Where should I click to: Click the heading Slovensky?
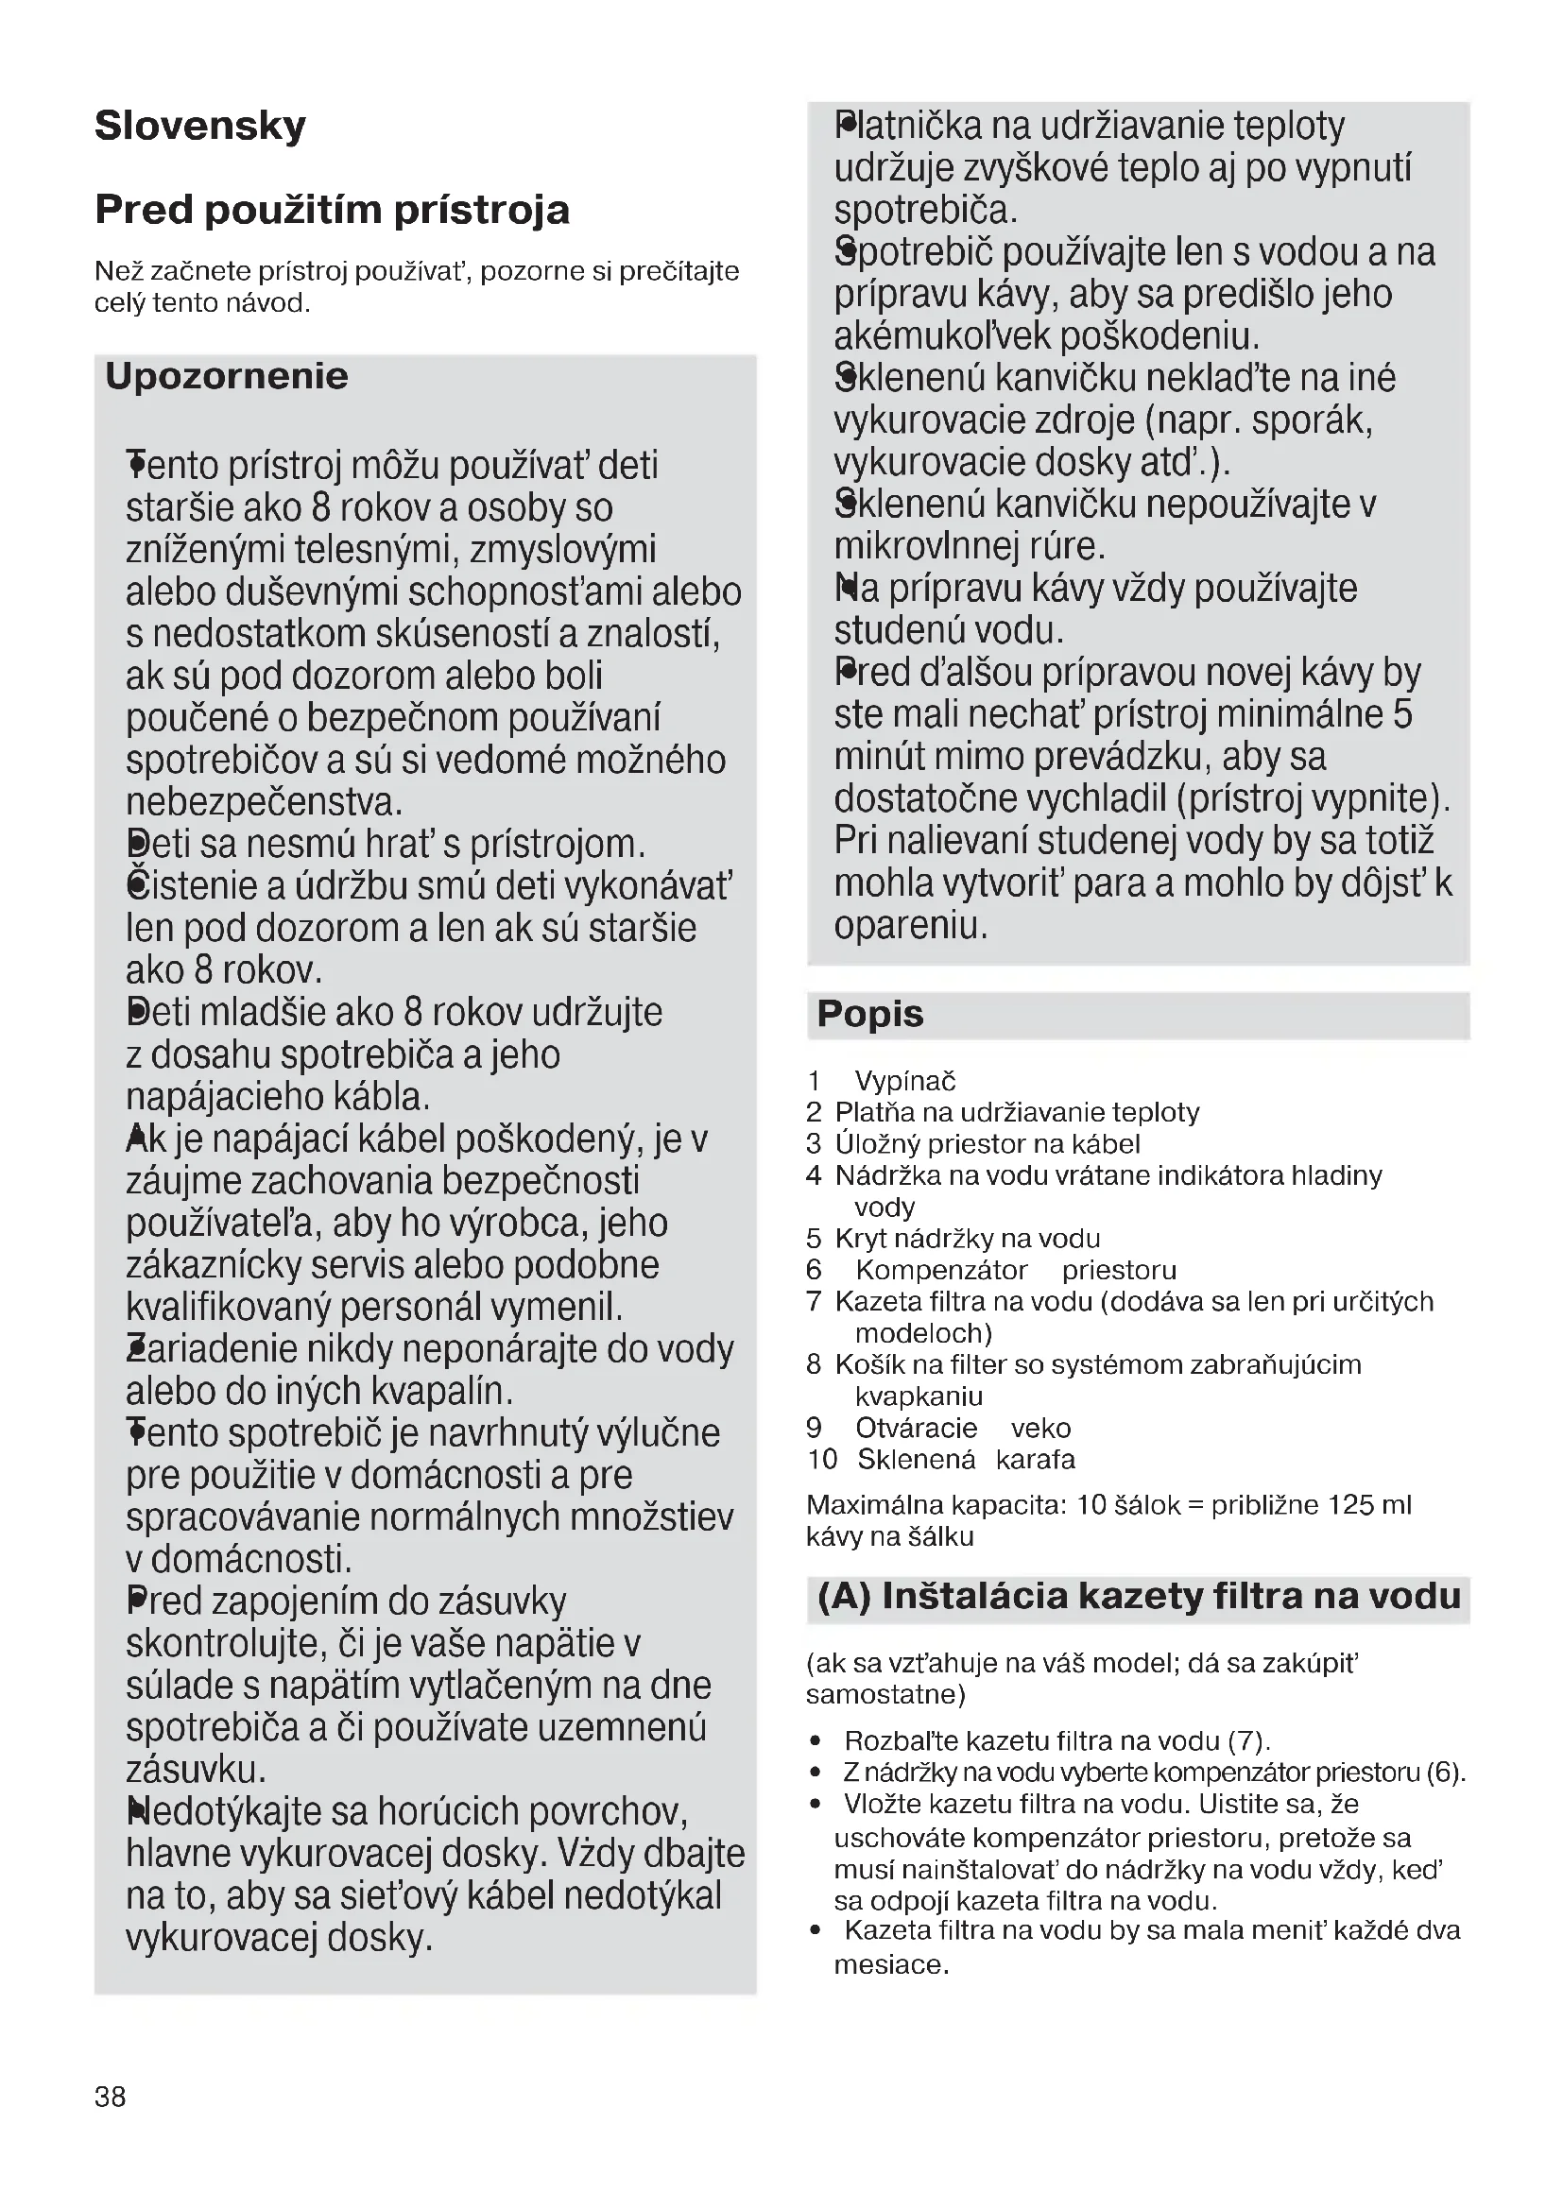click(200, 126)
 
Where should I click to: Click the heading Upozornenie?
click(226, 376)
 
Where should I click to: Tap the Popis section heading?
click(869, 1015)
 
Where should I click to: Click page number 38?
click(110, 2097)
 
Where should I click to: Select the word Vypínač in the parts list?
click(904, 1081)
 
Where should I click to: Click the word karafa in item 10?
click(1035, 1459)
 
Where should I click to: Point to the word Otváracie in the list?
click(916, 1428)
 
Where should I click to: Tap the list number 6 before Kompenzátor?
click(815, 1270)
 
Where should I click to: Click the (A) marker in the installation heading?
click(844, 1597)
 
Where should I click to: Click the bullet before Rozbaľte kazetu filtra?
click(816, 1740)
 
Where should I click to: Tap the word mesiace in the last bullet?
click(890, 1964)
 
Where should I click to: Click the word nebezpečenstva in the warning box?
click(263, 802)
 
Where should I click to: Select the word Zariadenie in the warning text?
click(212, 1349)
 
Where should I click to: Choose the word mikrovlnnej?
click(925, 546)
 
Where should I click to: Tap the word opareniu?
click(909, 926)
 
